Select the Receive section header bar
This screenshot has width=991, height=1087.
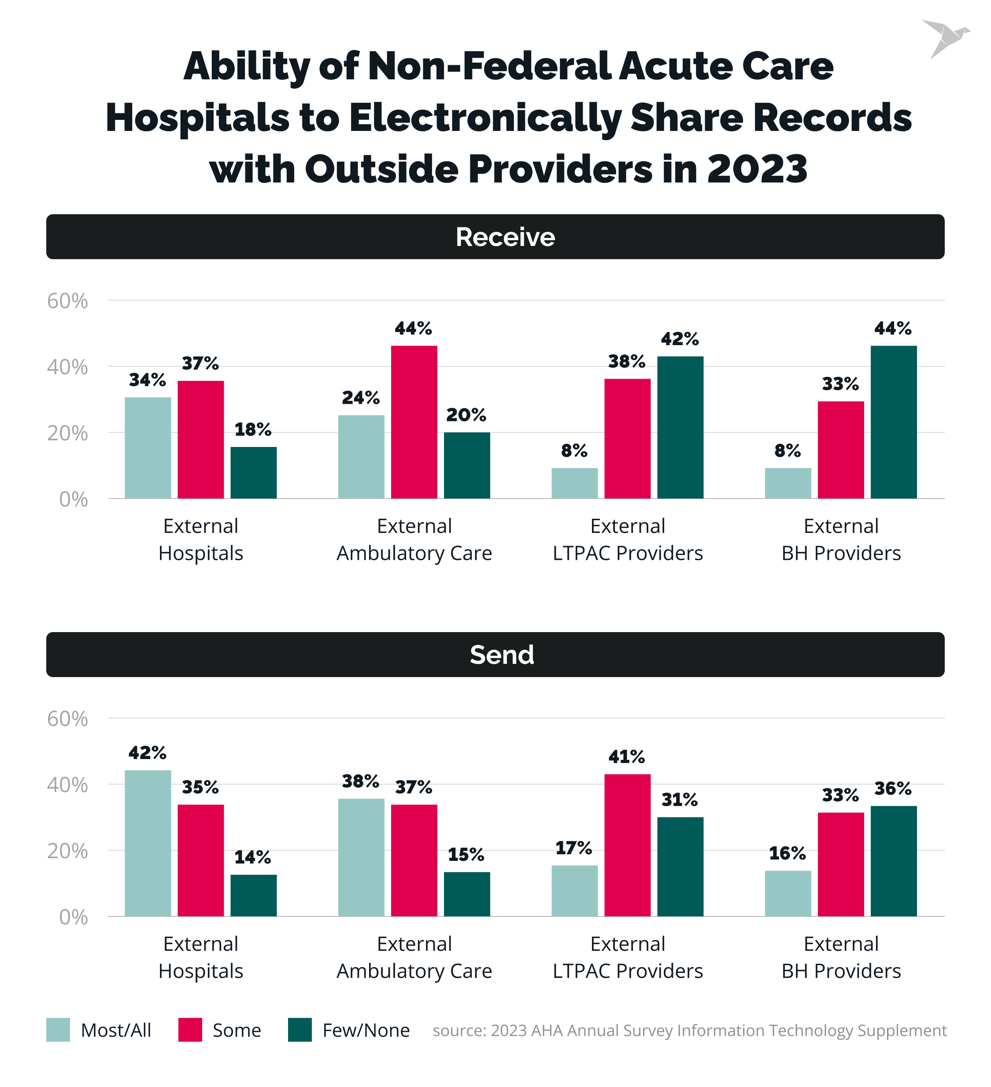tap(495, 237)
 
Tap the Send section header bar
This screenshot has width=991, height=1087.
tap(495, 654)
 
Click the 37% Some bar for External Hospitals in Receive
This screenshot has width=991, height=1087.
tap(200, 439)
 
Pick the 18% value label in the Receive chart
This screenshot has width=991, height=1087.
tap(253, 430)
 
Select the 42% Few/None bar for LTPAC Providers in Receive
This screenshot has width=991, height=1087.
tap(680, 427)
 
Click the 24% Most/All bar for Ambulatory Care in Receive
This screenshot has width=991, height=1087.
tap(361, 457)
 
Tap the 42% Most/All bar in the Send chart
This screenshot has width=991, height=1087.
tap(148, 843)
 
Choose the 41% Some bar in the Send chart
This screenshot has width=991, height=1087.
tap(627, 845)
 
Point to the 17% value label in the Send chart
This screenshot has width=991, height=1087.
tap(573, 848)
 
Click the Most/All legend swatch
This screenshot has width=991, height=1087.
tap(58, 1029)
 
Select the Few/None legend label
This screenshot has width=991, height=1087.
tap(366, 1030)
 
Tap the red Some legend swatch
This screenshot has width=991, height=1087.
tap(190, 1029)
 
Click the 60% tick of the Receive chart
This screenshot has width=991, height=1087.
tap(67, 301)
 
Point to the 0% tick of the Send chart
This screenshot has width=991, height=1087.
tap(73, 917)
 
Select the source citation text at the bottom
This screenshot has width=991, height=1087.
tap(689, 1031)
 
